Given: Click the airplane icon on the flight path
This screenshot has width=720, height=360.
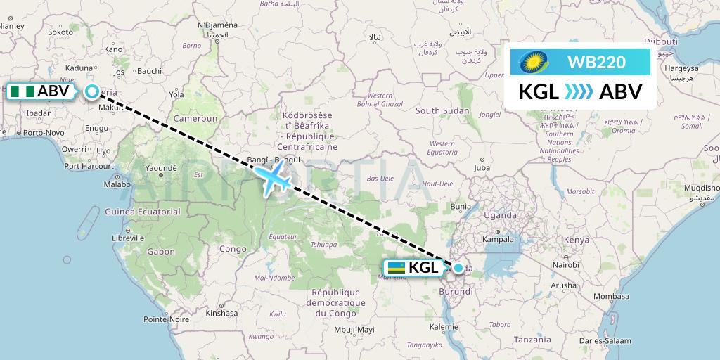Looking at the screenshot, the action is point(273,179).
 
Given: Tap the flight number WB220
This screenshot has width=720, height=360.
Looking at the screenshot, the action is point(596,63).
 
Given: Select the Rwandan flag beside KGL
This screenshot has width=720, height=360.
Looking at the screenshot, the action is point(396,268).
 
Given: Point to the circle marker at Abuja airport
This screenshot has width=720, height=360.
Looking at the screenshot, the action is point(92,91).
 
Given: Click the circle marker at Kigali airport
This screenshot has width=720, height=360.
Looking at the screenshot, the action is point(458,268).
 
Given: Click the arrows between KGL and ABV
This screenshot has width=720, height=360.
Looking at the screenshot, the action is point(579,91).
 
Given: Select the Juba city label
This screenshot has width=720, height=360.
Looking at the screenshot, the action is point(482,168).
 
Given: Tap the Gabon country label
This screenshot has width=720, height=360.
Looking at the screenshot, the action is point(161,251).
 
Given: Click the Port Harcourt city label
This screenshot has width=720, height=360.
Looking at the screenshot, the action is point(89,167).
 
